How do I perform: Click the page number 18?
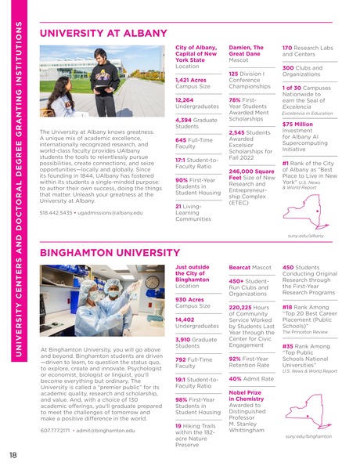click(13, 456)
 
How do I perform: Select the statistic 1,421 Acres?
click(190, 80)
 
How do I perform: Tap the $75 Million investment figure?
click(297, 125)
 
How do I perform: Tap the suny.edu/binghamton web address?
click(304, 436)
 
